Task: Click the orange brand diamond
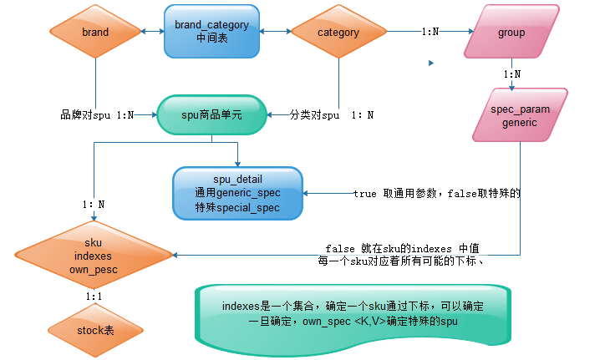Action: point(95,33)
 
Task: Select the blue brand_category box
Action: point(211,32)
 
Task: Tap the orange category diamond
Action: point(338,33)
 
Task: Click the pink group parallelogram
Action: point(511,33)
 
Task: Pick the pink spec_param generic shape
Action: point(519,116)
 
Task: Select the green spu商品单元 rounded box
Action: point(211,114)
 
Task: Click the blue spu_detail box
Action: point(238,193)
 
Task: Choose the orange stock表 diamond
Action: point(95,331)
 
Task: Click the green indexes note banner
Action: point(353,313)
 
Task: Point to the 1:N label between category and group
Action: point(430,33)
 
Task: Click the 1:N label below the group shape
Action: point(512,74)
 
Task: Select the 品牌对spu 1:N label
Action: point(97,114)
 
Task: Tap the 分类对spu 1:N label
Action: point(331,114)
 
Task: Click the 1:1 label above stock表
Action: point(94,296)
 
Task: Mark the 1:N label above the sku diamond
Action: point(94,204)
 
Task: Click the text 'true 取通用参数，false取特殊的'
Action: point(436,194)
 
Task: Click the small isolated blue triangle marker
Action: point(431,63)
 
